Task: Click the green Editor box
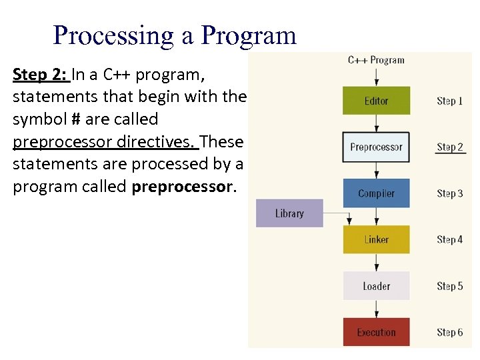point(376,101)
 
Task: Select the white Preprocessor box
point(376,147)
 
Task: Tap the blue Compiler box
point(376,193)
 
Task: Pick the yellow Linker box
point(376,239)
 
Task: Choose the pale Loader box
point(376,286)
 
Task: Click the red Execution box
point(376,332)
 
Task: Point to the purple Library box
point(289,213)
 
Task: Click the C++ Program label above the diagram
point(376,60)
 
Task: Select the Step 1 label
point(450,101)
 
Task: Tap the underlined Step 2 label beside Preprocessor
point(450,147)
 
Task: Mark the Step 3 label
point(450,193)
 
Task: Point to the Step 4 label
point(450,239)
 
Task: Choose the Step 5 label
point(450,286)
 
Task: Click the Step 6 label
point(450,332)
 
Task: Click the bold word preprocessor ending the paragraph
point(183,187)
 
